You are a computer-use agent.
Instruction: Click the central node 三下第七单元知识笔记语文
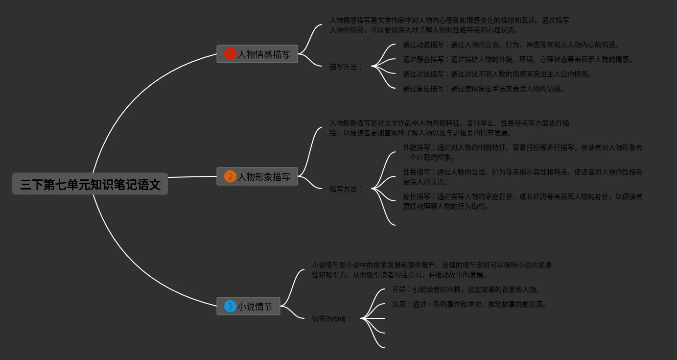(x=90, y=184)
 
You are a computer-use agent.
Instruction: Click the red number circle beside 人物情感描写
(x=230, y=54)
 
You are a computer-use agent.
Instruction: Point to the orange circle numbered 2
(x=230, y=176)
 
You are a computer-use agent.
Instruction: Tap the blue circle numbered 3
(x=230, y=306)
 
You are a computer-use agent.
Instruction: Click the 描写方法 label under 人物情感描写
(x=346, y=67)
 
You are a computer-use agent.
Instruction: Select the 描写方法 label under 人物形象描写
(x=346, y=189)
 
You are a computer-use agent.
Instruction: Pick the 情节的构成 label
(x=331, y=319)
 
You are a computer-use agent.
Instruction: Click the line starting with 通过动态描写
(x=511, y=45)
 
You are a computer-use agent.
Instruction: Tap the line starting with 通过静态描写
(x=517, y=60)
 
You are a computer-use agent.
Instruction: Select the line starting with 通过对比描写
(x=497, y=74)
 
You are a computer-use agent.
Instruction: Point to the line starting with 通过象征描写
(x=483, y=89)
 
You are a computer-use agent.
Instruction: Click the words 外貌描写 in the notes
(x=417, y=147)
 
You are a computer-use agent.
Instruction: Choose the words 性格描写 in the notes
(x=417, y=172)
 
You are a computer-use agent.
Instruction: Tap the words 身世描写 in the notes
(x=417, y=196)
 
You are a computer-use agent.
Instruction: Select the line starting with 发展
(x=469, y=304)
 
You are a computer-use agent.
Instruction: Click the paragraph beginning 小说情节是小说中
(x=431, y=270)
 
